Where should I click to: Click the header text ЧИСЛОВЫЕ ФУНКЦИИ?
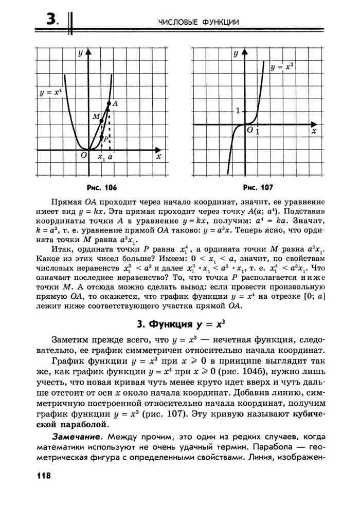tap(199, 22)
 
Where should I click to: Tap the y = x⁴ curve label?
tap(50, 93)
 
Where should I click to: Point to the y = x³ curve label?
tap(282, 66)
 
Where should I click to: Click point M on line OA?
tap(101, 121)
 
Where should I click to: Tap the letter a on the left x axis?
tap(110, 158)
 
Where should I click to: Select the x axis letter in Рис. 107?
tap(313, 132)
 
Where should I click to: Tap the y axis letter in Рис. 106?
tap(80, 53)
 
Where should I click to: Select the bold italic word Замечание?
tap(77, 436)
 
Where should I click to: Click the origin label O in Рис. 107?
tap(249, 131)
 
